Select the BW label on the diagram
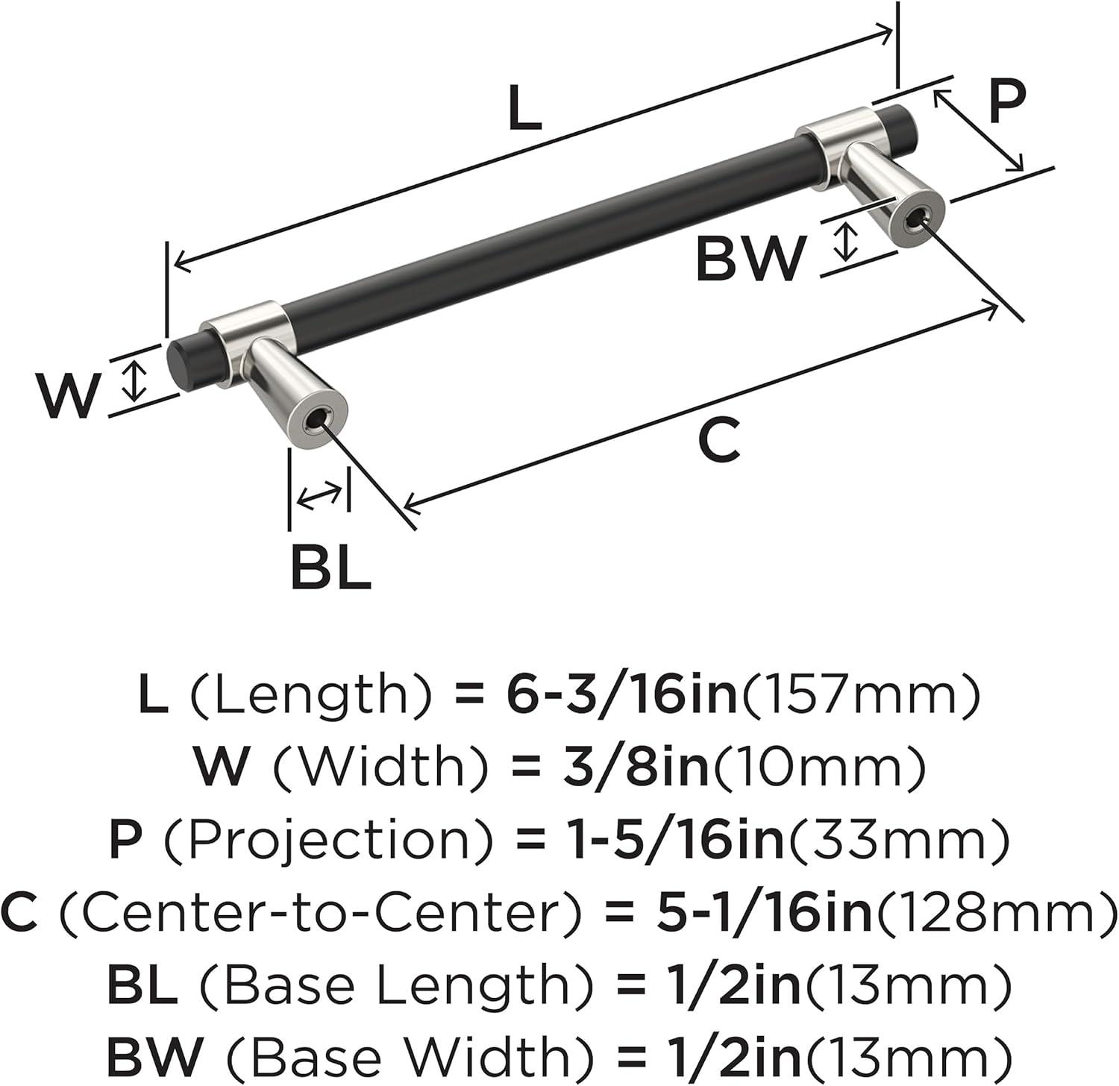point(750,258)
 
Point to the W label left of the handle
point(69,395)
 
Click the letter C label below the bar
point(719,440)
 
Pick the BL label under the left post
point(330,568)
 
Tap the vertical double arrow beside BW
point(845,241)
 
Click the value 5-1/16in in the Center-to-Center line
point(764,911)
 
